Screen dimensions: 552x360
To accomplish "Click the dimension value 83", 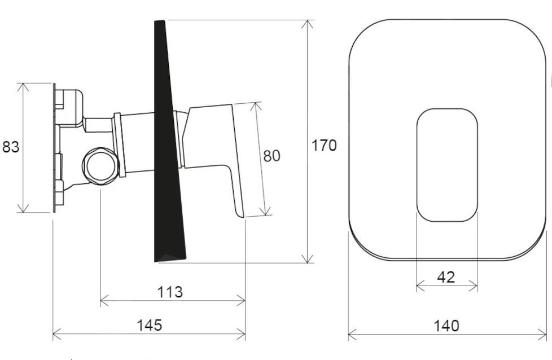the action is click(11, 147).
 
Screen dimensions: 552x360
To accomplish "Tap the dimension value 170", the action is click(324, 145).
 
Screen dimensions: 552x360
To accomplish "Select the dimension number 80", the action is click(272, 156).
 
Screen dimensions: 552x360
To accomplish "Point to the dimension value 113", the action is click(170, 292).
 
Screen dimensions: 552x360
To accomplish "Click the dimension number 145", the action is click(149, 325).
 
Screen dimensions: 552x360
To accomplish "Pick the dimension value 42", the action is click(446, 277).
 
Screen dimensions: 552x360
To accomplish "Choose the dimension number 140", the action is click(446, 326).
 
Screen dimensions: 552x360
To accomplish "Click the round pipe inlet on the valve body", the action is click(100, 166).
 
